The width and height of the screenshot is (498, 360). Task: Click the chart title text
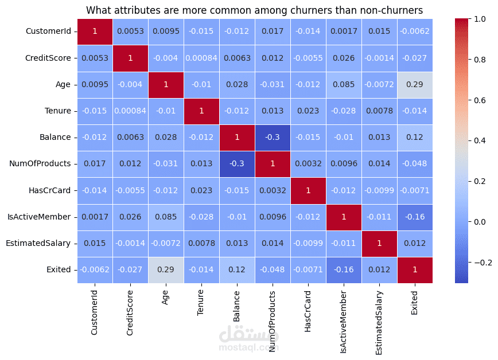point(255,10)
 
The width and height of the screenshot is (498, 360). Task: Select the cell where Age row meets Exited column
point(415,84)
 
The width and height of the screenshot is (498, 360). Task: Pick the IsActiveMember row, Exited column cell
point(415,217)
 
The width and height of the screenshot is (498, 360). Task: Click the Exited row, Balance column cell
point(237,269)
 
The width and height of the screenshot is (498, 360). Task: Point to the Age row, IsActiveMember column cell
point(344,84)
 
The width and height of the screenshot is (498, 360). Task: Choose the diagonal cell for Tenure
point(201,111)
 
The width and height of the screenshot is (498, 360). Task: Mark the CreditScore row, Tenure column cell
point(201,58)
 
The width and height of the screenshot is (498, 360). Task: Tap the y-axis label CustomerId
point(49,32)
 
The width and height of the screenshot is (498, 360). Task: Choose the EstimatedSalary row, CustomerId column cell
point(95,243)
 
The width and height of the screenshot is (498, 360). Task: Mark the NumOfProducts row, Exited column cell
point(415,163)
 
